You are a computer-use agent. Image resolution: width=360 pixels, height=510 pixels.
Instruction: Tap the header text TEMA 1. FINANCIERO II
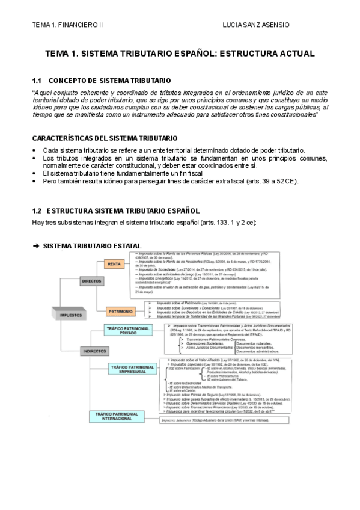pyautogui.click(x=68, y=25)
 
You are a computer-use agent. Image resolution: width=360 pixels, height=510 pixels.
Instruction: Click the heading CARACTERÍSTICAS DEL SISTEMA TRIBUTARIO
pyautogui.click(x=104, y=138)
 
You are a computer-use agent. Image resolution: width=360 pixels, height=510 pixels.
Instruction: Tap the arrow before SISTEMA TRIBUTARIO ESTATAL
pyautogui.click(x=35, y=246)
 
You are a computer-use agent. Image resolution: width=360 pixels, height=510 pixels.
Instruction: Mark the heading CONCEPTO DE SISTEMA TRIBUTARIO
pyautogui.click(x=109, y=81)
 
